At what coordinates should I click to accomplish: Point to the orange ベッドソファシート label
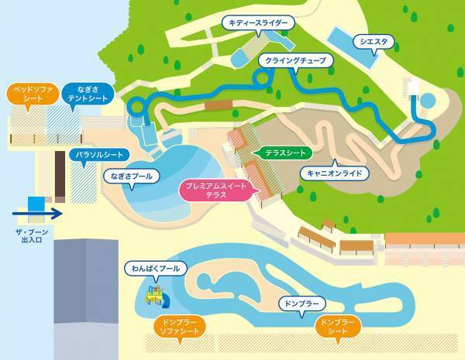point(30,94)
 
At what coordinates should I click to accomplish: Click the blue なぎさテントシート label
point(86,94)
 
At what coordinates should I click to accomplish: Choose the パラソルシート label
point(96,155)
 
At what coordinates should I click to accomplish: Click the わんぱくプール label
point(156,269)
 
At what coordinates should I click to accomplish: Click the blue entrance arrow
point(39,211)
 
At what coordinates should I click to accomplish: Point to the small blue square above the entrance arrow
point(35,202)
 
